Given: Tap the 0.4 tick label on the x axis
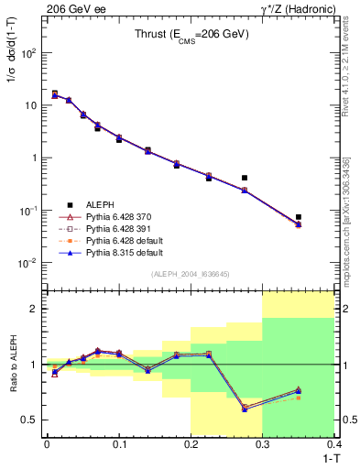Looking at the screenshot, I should pos(334,445).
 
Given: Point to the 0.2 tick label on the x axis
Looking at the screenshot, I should pos(191,445).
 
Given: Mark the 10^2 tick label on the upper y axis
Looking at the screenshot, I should pos(30,52).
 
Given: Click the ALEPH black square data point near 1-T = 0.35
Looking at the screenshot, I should pos(299,217).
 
